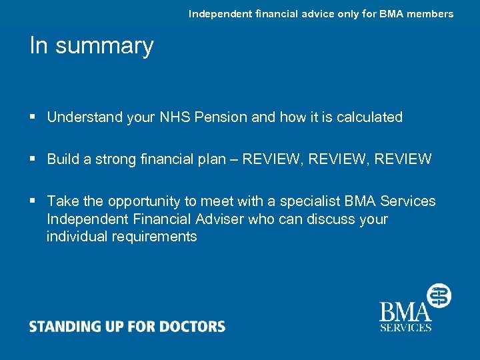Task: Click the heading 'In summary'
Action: point(91,46)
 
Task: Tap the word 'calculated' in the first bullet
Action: point(369,117)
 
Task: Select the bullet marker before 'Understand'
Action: point(33,117)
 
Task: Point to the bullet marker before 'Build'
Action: point(33,159)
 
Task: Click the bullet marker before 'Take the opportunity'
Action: point(33,201)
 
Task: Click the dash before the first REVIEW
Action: point(234,159)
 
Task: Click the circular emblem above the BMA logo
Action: point(439,295)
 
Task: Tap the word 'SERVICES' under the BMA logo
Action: point(405,327)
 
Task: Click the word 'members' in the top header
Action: point(429,14)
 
